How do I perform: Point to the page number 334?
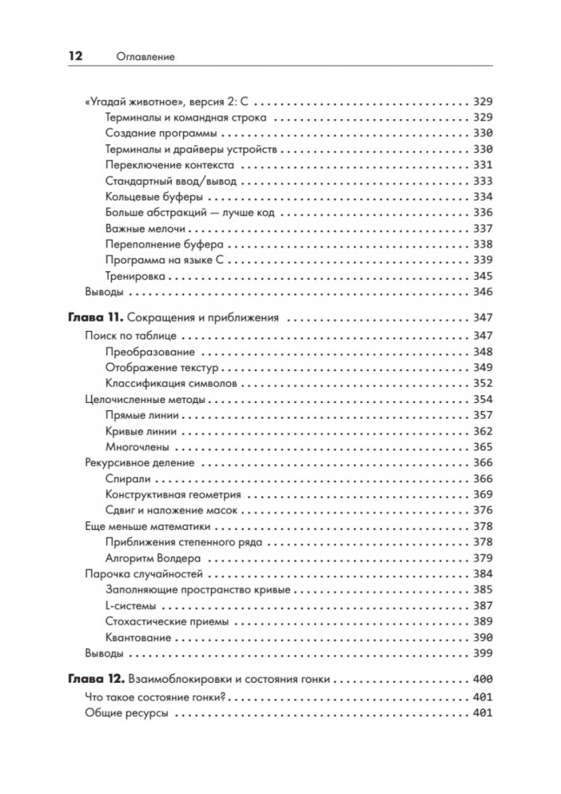(482, 197)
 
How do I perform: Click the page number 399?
(482, 654)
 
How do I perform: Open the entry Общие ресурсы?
(125, 714)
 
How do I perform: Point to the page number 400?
(482, 680)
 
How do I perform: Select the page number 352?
(482, 383)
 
